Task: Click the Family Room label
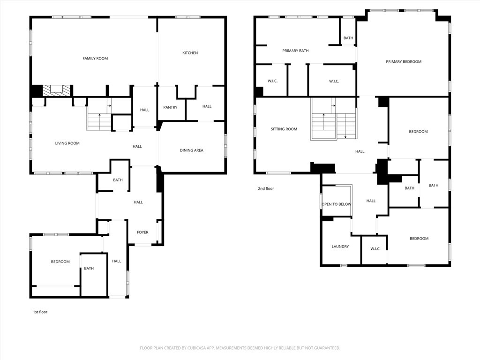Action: [x=95, y=59]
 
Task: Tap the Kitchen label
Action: [x=190, y=53]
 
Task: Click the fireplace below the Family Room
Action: [x=56, y=90]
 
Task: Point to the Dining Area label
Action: [x=192, y=150]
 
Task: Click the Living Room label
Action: [x=67, y=143]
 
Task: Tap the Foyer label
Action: [x=142, y=232]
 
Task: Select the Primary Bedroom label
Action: [x=404, y=61]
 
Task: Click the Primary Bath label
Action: [x=295, y=51]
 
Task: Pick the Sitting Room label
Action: [x=284, y=129]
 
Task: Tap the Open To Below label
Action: [x=337, y=204]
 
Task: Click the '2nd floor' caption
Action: [x=266, y=188]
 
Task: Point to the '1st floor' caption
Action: [x=40, y=312]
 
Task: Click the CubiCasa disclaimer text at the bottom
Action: [x=240, y=348]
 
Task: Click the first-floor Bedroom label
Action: [x=60, y=262]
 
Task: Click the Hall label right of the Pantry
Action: [x=207, y=106]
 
